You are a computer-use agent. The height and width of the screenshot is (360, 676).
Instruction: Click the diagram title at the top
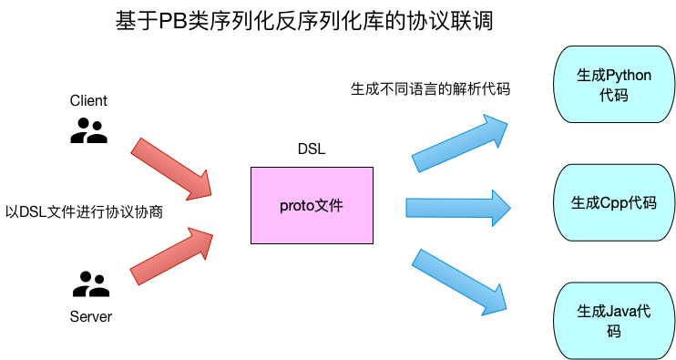click(x=304, y=21)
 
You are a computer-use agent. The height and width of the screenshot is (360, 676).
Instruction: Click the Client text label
click(x=88, y=101)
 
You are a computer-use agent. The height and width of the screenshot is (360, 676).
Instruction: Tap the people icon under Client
click(x=88, y=134)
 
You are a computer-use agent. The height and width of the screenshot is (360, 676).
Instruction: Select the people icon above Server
click(x=90, y=285)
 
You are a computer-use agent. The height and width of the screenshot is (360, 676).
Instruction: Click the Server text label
click(x=90, y=317)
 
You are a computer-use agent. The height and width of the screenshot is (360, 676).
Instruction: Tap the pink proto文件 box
click(x=312, y=205)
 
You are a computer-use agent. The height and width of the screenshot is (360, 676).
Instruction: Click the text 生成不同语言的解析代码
click(x=430, y=89)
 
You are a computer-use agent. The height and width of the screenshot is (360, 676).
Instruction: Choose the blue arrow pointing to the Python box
click(x=460, y=143)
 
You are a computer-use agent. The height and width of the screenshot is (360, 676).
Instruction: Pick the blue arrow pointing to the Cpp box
click(x=456, y=208)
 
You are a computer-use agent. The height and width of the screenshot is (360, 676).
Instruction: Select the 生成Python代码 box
click(x=614, y=85)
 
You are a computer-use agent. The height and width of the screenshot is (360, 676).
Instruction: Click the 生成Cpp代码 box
click(x=614, y=202)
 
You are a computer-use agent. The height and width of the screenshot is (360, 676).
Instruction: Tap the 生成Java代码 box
click(x=614, y=320)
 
